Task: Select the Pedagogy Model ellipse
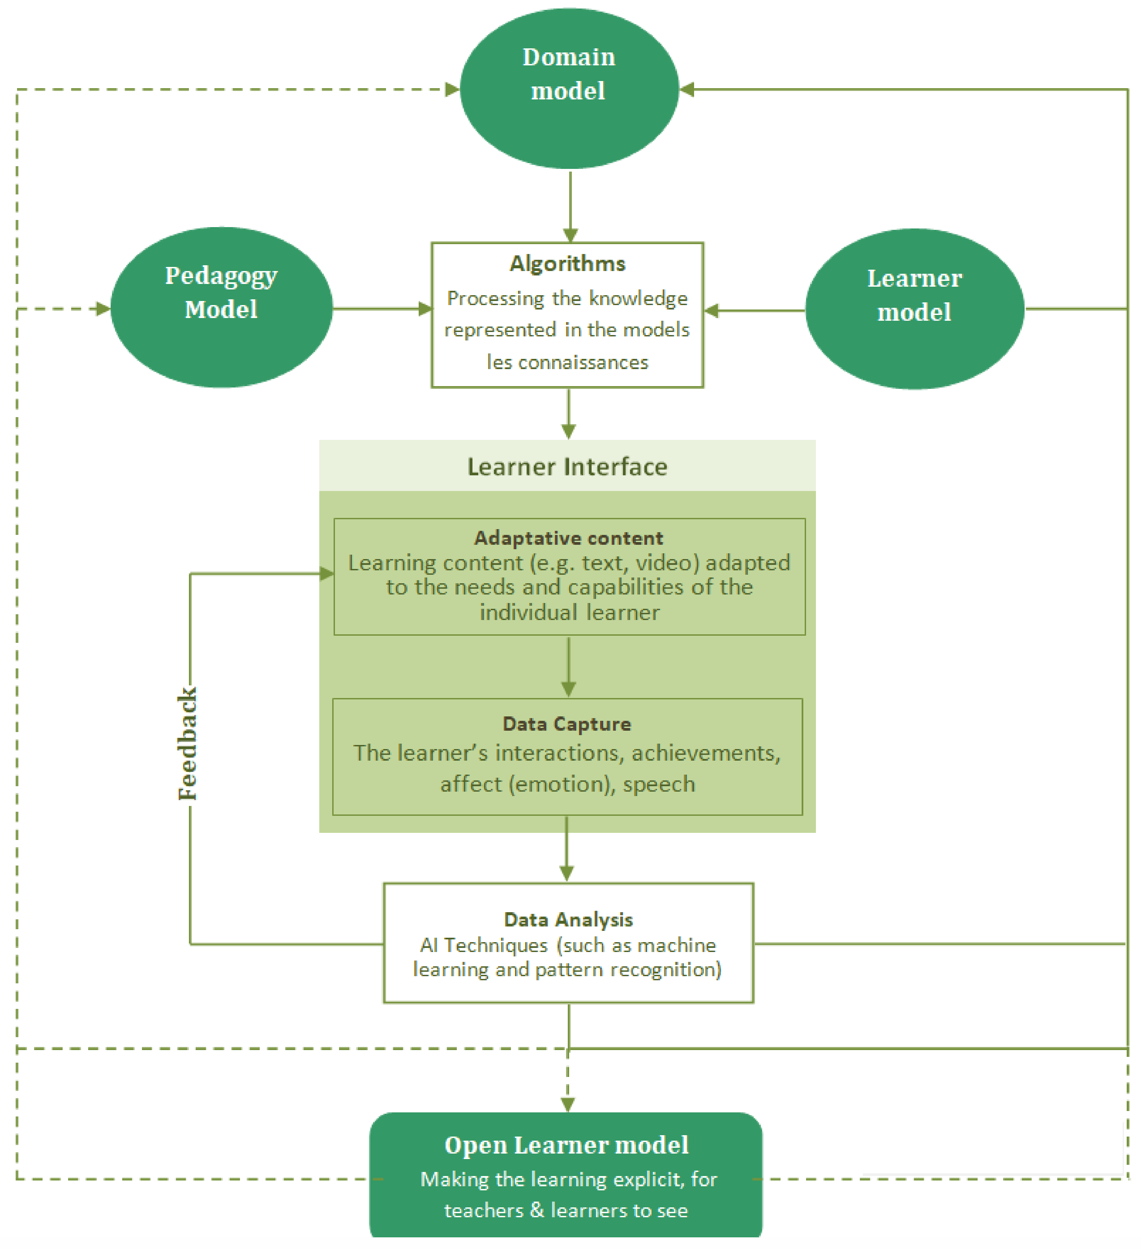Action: (221, 308)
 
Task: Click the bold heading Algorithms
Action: (567, 264)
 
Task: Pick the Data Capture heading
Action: (567, 724)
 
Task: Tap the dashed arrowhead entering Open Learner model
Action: (567, 1105)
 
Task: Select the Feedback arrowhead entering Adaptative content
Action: (326, 574)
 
